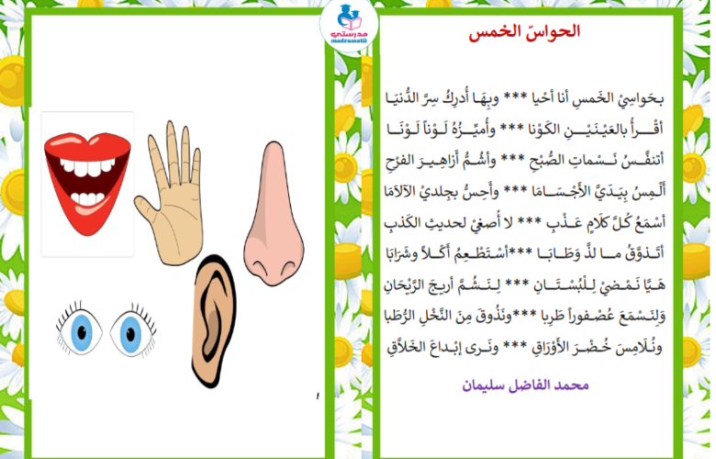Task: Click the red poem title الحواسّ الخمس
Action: (x=524, y=32)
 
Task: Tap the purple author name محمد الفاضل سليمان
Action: (x=525, y=385)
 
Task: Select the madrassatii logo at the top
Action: (x=350, y=25)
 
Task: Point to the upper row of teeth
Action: (x=88, y=167)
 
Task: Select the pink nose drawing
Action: (x=274, y=214)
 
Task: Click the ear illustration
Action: (x=214, y=320)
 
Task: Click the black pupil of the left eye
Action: (x=82, y=332)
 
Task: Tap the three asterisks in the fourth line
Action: (x=511, y=191)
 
